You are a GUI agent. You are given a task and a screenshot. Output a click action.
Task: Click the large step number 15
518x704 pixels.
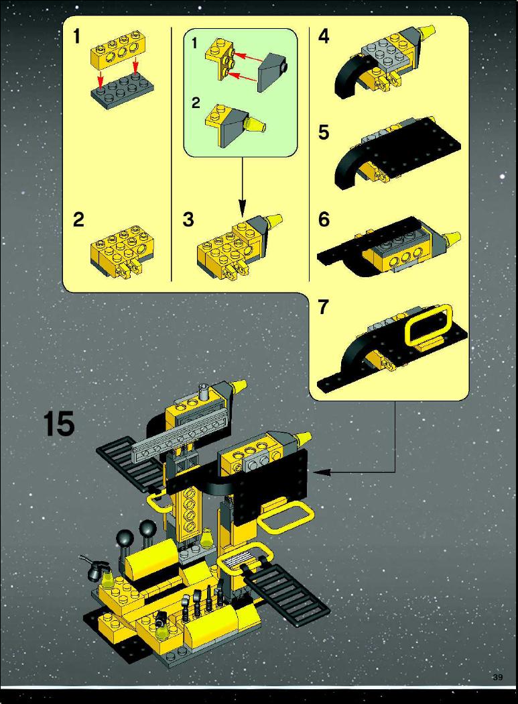[x=59, y=424]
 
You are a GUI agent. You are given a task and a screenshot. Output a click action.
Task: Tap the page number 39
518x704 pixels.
[x=497, y=677]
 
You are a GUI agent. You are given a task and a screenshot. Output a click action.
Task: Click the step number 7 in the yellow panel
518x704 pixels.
[x=323, y=307]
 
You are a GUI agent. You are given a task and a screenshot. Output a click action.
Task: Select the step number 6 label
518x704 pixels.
[x=324, y=219]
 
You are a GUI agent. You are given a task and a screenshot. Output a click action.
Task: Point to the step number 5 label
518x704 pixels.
[x=324, y=132]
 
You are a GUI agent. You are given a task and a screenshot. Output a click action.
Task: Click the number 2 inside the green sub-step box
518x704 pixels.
[x=196, y=103]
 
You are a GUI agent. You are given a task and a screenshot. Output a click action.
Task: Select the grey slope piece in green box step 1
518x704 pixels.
[x=272, y=71]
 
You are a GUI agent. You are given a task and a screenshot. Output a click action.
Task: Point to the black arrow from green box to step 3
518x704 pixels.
[x=242, y=187]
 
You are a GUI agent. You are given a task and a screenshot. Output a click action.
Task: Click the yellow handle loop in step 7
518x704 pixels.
[x=429, y=324]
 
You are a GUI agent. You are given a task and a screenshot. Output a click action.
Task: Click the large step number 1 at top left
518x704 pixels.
[x=76, y=36]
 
